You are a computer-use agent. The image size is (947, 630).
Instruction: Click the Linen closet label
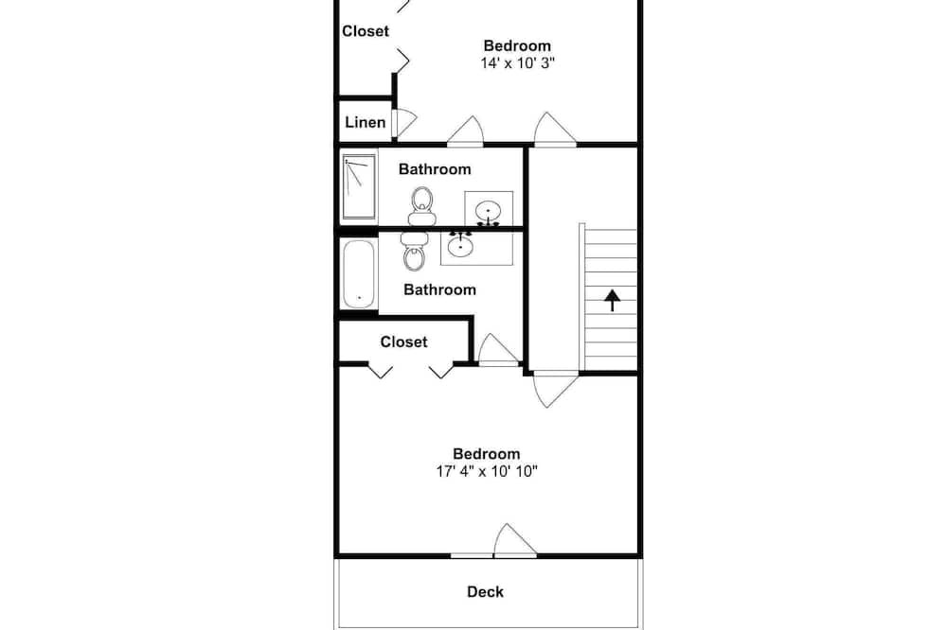point(365,123)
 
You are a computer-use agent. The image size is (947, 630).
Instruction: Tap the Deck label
point(485,592)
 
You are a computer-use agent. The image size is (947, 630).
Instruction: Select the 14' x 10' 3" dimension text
point(518,62)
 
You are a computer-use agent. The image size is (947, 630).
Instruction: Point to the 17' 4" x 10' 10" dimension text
point(487,471)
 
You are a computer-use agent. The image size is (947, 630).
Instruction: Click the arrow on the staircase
point(613,300)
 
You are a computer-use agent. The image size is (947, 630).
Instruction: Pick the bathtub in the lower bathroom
point(359,274)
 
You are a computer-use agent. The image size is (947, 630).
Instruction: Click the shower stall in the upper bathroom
point(359,186)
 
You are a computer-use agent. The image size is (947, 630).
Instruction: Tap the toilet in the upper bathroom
point(421,206)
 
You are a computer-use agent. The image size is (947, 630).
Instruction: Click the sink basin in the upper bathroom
point(488,212)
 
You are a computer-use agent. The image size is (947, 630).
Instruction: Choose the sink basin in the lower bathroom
point(460,244)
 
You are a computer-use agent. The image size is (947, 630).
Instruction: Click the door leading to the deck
point(515,540)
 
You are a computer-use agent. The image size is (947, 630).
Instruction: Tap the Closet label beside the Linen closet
point(366,31)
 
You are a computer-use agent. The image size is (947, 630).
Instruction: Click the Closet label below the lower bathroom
point(403,342)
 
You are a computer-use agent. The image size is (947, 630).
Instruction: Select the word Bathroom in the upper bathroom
point(435,169)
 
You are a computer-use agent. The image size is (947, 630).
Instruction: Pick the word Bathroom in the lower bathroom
point(439,290)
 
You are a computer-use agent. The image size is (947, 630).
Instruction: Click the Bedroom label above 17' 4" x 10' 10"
point(486,454)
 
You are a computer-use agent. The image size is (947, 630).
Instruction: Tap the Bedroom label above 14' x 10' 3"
point(517,45)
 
